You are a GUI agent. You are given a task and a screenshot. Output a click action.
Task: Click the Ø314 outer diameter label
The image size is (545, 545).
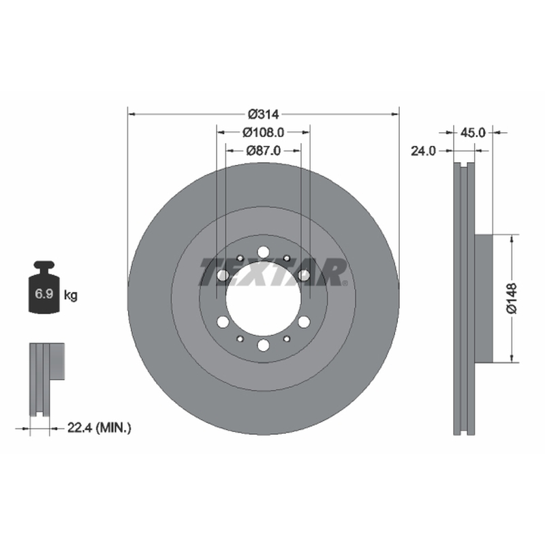click(264, 114)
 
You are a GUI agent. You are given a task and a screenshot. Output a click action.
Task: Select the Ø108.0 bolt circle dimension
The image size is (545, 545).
click(264, 132)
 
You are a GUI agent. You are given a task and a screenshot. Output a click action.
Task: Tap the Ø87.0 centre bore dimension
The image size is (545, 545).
click(264, 151)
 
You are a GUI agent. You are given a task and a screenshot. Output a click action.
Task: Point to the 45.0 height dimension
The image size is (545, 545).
click(472, 132)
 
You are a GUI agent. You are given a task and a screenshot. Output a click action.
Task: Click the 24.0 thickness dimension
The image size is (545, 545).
click(423, 151)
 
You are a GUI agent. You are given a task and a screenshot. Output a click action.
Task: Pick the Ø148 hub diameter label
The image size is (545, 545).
click(512, 298)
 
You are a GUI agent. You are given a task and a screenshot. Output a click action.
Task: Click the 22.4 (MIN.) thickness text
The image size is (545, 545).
click(99, 428)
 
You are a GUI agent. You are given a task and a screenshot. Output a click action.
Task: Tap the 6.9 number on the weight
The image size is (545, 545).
click(44, 294)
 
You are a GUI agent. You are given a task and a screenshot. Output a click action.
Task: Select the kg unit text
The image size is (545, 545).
click(71, 296)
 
